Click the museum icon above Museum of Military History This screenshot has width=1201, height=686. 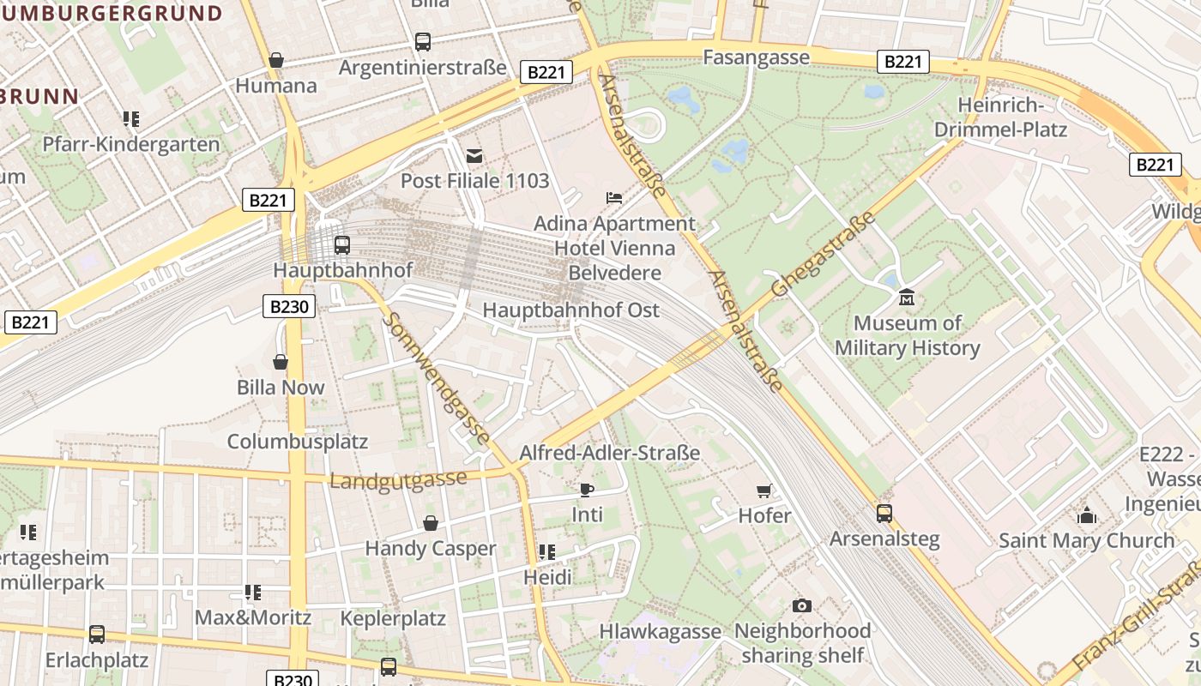tap(907, 298)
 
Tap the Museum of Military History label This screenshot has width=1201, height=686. tap(907, 336)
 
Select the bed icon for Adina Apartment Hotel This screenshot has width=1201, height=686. tap(614, 198)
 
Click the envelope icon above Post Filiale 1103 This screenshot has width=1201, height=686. tap(474, 156)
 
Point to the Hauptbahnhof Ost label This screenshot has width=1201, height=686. tap(571, 310)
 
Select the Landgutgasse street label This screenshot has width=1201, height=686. tap(398, 480)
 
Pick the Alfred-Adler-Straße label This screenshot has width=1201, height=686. tap(610, 453)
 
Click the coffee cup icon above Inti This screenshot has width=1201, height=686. tap(587, 490)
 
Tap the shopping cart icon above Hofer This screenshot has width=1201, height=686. tap(764, 490)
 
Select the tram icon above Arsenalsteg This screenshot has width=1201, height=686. tap(884, 514)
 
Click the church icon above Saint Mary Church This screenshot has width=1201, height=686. tap(1087, 515)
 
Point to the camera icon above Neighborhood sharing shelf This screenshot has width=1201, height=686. tap(802, 606)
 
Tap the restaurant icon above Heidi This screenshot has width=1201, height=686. tap(547, 552)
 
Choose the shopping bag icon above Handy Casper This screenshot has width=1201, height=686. tap(431, 523)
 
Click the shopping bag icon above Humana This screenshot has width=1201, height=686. tap(276, 60)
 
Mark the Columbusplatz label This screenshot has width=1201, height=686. tap(297, 442)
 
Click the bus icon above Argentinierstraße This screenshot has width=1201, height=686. tap(423, 41)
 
